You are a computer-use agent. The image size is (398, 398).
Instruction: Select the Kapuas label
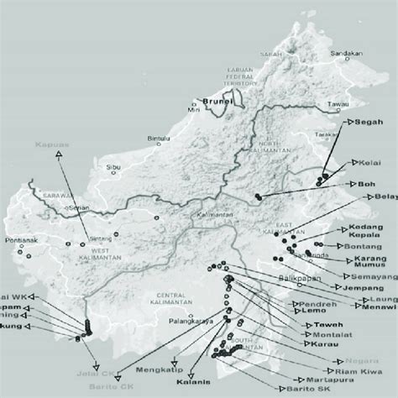click(x=54, y=145)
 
